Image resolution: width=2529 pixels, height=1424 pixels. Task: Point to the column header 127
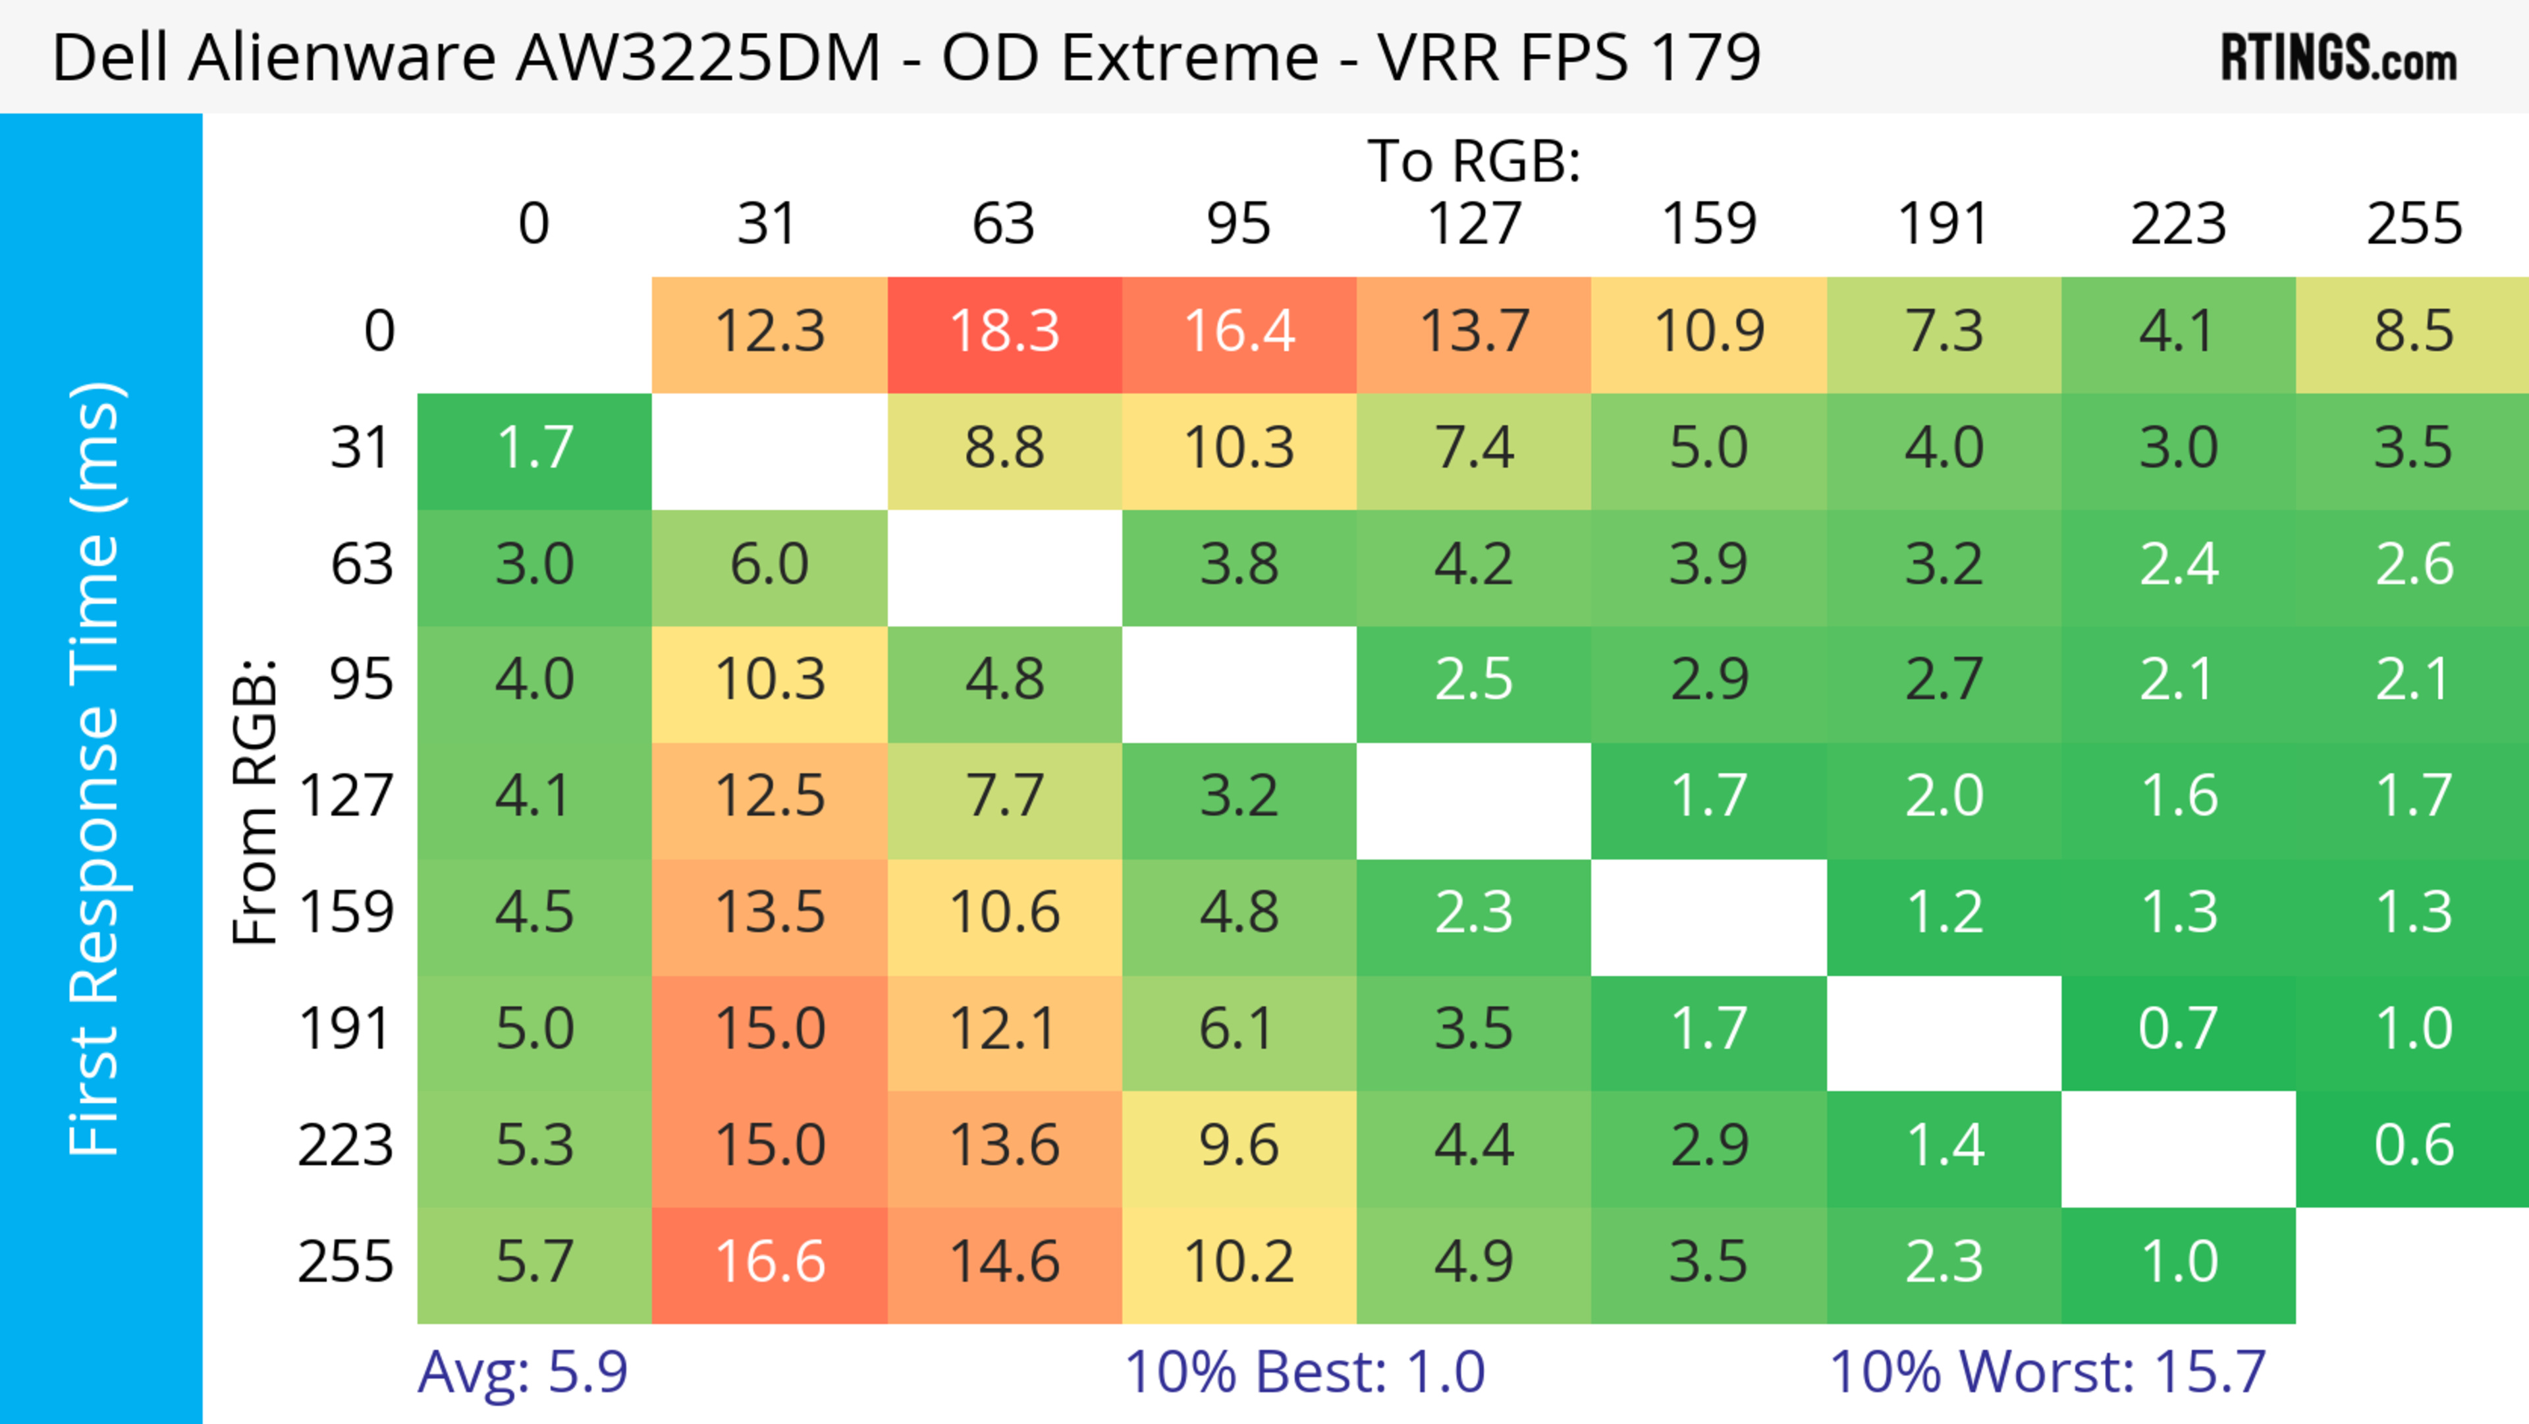pos(1474,224)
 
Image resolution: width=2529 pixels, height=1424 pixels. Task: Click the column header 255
pos(2413,224)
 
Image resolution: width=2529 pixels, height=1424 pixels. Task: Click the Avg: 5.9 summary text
pos(522,1372)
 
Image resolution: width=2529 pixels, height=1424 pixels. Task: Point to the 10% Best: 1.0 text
pos(1304,1372)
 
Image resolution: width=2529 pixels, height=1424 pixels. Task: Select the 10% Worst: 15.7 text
pos(2047,1372)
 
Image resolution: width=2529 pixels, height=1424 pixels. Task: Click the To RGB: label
pos(1474,161)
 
